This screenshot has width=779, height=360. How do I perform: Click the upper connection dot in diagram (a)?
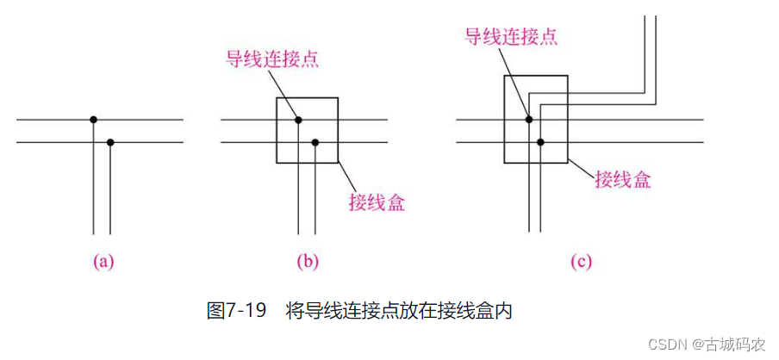click(x=93, y=119)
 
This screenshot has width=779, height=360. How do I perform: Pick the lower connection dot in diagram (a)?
click(x=110, y=141)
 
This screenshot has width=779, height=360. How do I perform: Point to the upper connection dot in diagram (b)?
click(x=298, y=119)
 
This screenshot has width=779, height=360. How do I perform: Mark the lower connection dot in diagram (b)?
click(x=315, y=141)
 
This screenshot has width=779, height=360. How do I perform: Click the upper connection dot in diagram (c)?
click(x=529, y=119)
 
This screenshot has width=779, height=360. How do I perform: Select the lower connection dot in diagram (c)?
click(x=541, y=141)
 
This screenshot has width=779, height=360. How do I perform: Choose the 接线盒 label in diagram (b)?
click(x=377, y=203)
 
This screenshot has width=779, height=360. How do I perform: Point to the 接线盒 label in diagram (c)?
click(x=622, y=179)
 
